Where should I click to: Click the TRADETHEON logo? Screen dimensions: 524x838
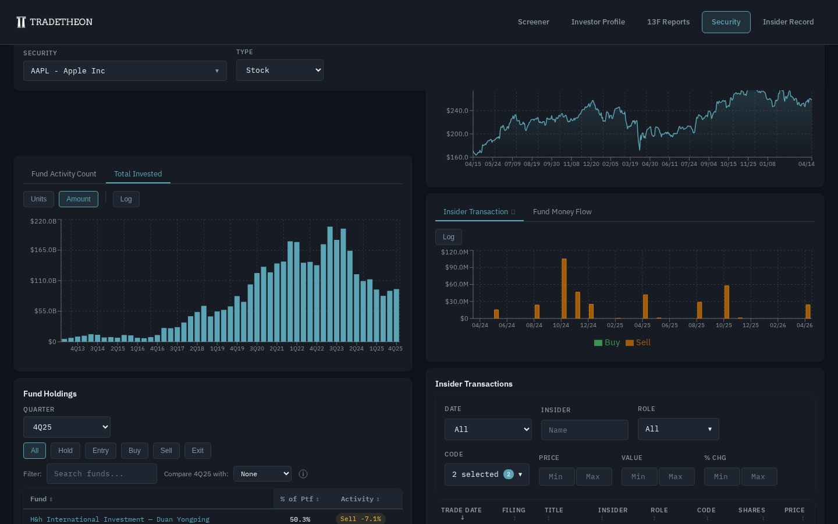(54, 22)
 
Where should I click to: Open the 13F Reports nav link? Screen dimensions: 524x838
(668, 22)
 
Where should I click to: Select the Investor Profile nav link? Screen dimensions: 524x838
(598, 22)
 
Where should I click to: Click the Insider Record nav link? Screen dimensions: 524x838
(788, 22)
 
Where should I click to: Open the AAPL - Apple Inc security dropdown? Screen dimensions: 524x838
(125, 71)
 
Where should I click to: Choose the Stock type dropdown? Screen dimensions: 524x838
(279, 70)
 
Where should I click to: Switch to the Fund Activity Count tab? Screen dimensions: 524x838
(64, 174)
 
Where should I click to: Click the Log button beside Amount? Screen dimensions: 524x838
(126, 199)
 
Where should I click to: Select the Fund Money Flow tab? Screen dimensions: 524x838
(562, 212)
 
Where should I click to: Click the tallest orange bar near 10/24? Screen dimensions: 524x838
(564, 288)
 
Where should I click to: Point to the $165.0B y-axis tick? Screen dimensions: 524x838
(44, 250)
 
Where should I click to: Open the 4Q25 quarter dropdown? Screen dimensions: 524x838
(67, 427)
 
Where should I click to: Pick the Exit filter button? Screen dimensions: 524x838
(197, 451)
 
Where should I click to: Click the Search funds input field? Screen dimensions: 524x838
(102, 474)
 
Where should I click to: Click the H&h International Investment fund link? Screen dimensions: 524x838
(120, 519)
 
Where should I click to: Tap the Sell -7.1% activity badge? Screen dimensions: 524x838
(360, 519)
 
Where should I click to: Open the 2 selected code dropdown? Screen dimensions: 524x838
(487, 475)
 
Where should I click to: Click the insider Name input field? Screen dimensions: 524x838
(584, 430)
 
